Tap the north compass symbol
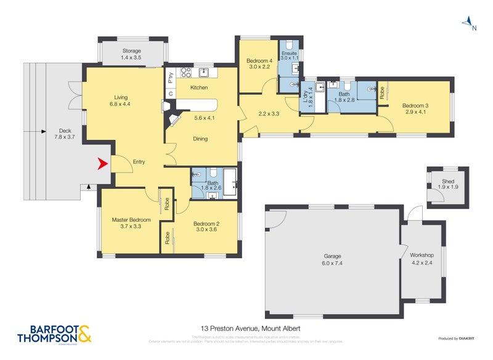tap(469, 23)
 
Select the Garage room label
tap(333, 256)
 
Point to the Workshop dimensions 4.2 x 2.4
tap(422, 262)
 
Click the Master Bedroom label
tap(131, 219)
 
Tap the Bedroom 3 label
tap(416, 105)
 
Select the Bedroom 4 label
tap(259, 60)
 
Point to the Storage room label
tap(131, 51)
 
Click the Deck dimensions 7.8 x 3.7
tap(65, 137)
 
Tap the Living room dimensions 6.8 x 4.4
tap(121, 104)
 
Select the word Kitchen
tap(199, 88)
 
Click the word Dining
tap(200, 139)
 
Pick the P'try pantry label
tap(171, 78)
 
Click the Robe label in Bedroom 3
tap(382, 92)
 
